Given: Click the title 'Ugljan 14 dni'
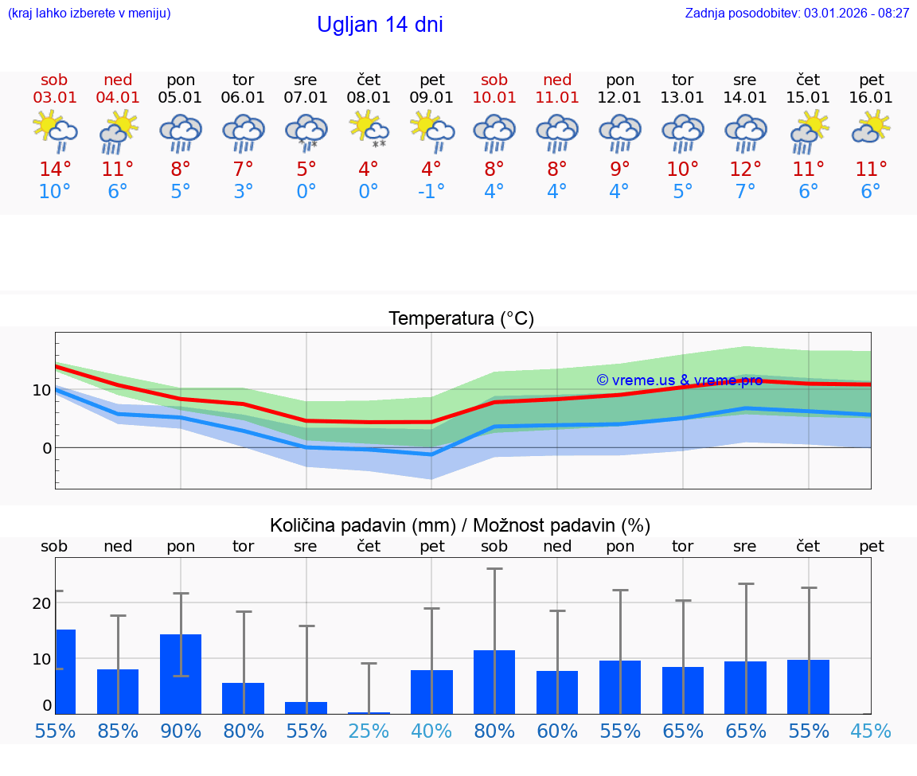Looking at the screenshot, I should click(380, 25).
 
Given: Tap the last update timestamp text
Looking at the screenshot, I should click(797, 13).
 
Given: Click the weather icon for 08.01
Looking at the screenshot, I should click(369, 130).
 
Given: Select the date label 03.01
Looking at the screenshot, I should click(55, 97).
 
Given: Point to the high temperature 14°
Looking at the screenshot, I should click(55, 169).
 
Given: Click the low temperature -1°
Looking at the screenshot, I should click(431, 192).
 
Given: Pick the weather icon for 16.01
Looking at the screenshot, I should click(871, 128).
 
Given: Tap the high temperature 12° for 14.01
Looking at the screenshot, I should click(745, 169).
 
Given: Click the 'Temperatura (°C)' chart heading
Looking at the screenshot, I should click(461, 319).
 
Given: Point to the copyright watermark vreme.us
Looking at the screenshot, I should click(679, 380).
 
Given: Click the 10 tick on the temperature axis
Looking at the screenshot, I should click(41, 390).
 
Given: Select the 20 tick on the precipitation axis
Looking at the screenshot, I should click(41, 603).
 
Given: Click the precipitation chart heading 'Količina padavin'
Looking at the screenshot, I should click(460, 525).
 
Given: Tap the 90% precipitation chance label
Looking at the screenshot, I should click(181, 731).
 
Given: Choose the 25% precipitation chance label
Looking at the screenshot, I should click(369, 731).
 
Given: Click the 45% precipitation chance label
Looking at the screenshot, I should click(871, 731).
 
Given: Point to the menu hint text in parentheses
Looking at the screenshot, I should click(89, 13).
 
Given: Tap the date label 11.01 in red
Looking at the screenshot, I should click(557, 97).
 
